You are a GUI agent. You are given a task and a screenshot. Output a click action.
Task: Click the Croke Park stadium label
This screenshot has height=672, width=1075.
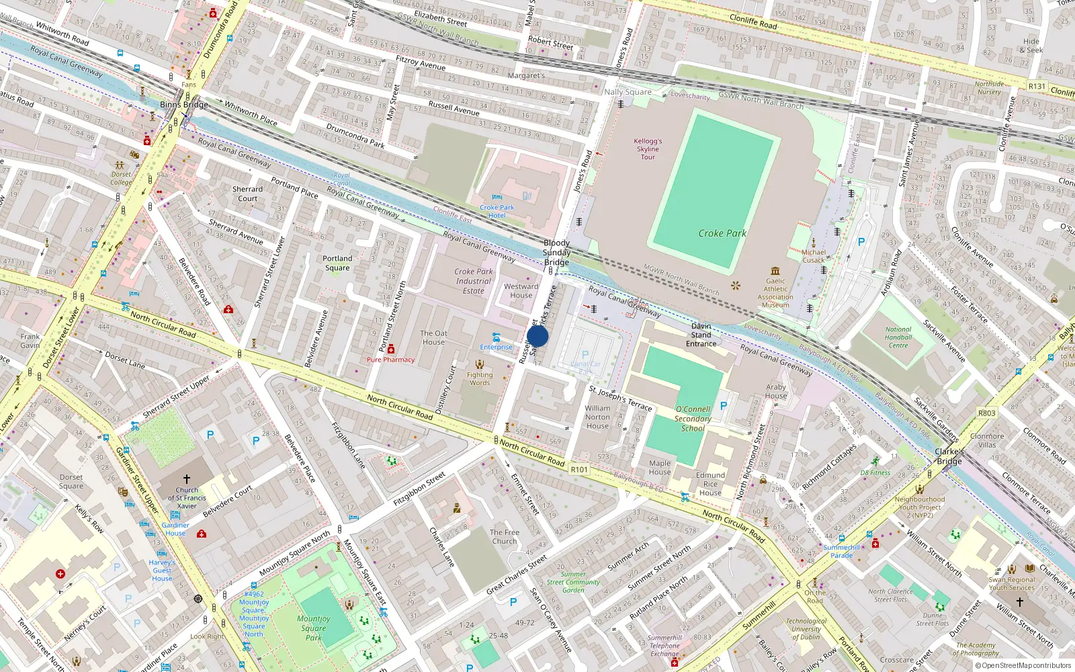(x=722, y=233)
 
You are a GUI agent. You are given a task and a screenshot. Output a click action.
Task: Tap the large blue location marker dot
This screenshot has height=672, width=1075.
(x=537, y=336)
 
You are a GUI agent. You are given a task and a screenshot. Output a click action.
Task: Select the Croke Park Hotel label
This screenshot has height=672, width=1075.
(x=497, y=212)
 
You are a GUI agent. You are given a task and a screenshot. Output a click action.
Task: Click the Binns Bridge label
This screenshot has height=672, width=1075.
(x=183, y=105)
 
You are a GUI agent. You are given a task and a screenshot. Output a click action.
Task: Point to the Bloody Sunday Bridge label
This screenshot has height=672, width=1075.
(x=556, y=253)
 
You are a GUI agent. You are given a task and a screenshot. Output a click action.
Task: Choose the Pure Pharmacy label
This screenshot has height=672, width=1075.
(x=390, y=360)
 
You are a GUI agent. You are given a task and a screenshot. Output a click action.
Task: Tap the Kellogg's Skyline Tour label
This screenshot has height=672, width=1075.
(x=648, y=149)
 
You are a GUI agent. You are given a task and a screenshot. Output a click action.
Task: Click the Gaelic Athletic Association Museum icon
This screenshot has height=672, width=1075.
(x=775, y=270)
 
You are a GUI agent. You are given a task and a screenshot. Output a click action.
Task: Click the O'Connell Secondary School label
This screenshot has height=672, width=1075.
(x=693, y=418)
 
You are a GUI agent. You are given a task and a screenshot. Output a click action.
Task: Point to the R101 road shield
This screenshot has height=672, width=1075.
(x=578, y=470)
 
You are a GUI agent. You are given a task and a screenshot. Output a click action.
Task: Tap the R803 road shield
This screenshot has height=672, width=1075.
(x=986, y=413)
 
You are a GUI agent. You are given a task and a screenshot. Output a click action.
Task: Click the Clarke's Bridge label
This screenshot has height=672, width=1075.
(x=949, y=456)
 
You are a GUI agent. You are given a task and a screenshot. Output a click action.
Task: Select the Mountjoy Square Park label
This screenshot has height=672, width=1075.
(x=313, y=628)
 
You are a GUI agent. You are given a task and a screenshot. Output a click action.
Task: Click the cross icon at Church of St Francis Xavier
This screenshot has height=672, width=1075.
(x=187, y=479)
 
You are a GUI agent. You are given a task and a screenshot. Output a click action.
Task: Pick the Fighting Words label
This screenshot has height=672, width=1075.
(x=480, y=379)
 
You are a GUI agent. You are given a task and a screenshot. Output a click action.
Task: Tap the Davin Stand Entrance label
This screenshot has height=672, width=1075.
(x=701, y=335)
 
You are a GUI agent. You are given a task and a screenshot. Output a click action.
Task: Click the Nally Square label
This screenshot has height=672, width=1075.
(x=628, y=92)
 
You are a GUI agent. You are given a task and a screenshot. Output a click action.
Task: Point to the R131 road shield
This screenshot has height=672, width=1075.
(x=1037, y=86)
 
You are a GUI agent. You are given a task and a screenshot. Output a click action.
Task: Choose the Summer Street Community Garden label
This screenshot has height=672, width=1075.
(x=573, y=582)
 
